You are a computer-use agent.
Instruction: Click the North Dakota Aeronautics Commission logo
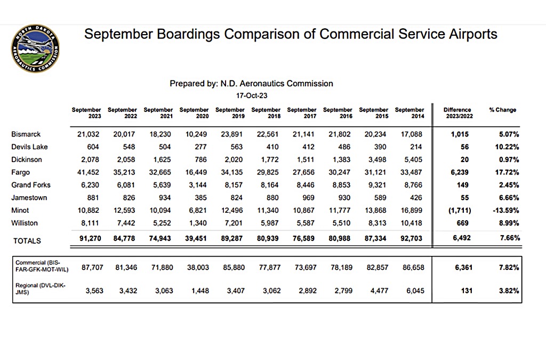coord(35,49)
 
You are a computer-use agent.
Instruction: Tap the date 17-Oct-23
coord(251,95)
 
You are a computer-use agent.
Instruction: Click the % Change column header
coord(502,110)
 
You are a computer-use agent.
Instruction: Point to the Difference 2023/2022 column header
coord(457,113)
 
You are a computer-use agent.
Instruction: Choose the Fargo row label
coord(21,172)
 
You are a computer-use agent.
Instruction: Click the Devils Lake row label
coord(29,147)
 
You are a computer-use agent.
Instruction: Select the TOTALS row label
coord(27,241)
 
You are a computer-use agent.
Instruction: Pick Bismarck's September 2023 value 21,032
coord(89,134)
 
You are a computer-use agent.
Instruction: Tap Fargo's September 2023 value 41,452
coord(89,172)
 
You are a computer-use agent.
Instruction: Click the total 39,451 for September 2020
coord(196,239)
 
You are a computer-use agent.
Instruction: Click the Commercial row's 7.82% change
coord(509,268)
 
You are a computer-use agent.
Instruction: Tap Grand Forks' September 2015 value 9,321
coord(375,185)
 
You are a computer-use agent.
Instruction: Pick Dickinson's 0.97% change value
coord(509,159)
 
